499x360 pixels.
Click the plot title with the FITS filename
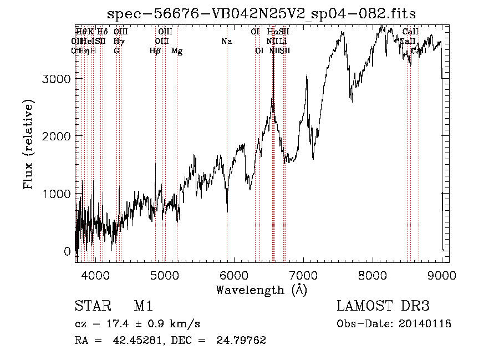click(x=262, y=13)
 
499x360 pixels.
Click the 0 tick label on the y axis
click(x=67, y=251)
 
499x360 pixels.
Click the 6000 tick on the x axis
click(x=234, y=275)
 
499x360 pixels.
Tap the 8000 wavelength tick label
click(x=373, y=275)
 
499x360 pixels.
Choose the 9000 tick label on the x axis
click(x=442, y=275)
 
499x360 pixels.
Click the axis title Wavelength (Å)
click(x=261, y=290)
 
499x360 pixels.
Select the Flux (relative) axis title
click(x=28, y=144)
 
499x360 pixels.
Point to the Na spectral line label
click(x=226, y=42)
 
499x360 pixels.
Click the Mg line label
click(x=177, y=51)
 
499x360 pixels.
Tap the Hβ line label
click(x=155, y=51)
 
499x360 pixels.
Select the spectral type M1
click(x=143, y=306)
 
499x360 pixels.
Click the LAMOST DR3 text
click(x=383, y=306)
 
